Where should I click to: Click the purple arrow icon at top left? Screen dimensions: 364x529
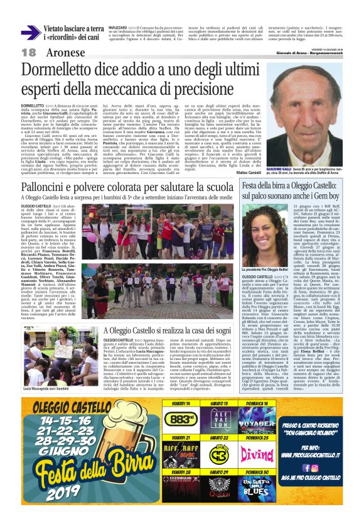pyautogui.click(x=31, y=33)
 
